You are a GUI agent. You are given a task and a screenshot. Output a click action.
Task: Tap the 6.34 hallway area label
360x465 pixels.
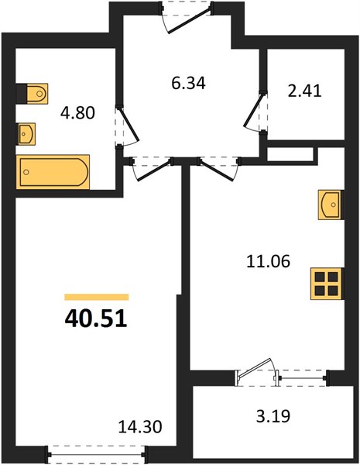click(188, 83)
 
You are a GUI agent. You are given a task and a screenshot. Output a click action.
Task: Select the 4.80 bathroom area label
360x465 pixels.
click(77, 113)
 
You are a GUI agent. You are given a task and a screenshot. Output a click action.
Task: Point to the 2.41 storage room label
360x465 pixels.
click(304, 91)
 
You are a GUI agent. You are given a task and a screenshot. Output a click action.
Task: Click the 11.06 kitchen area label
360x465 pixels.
click(268, 262)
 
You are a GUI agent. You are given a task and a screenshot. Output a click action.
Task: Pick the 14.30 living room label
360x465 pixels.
click(140, 427)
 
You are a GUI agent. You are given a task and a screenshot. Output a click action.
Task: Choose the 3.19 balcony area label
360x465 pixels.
click(273, 415)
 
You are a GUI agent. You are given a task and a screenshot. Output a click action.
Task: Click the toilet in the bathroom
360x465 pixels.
click(32, 94)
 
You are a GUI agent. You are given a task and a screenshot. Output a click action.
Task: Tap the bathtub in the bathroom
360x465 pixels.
click(53, 172)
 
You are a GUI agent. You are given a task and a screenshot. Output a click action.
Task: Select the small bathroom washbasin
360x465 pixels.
click(26, 134)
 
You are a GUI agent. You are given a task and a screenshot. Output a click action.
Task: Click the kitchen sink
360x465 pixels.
click(331, 205)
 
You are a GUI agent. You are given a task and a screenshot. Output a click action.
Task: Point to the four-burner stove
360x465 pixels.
click(327, 284)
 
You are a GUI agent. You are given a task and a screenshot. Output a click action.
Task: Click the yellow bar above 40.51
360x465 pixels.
click(97, 297)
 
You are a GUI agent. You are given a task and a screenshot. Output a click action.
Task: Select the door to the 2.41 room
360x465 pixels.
click(255, 112)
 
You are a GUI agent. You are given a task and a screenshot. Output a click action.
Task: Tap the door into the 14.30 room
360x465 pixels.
click(152, 168)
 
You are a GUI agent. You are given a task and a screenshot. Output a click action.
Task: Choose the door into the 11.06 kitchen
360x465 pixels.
click(218, 168)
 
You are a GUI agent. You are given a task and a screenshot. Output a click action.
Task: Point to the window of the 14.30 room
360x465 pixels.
click(96, 454)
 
